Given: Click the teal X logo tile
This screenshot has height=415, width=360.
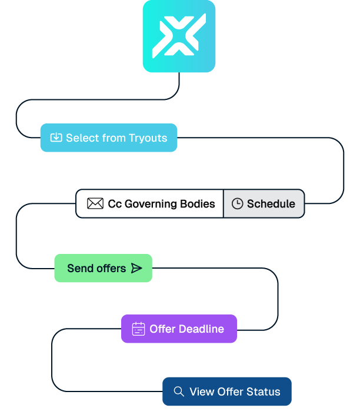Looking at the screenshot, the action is tap(179, 36).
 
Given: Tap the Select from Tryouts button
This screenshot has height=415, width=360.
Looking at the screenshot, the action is tap(109, 138).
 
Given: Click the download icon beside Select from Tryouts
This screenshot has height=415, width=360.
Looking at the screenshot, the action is tap(56, 138).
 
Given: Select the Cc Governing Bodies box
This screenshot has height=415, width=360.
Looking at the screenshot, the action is tap(149, 203).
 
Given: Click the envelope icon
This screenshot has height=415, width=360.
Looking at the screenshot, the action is tap(95, 203).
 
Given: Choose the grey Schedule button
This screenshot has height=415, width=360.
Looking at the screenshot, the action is tap(264, 203).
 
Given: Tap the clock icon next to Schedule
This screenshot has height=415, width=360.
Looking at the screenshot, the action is tap(237, 203).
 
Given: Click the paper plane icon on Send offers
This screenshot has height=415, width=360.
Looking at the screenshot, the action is tap(136, 268).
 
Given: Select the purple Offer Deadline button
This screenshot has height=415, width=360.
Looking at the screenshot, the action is tap(179, 329).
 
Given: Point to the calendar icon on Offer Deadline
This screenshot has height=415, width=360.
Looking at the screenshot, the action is tap(138, 329).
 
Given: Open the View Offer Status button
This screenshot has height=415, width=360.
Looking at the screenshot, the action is tap(227, 391).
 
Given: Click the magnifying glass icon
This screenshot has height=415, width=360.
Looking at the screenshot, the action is tap(179, 391).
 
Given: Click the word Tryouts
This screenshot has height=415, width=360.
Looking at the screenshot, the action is tap(148, 138).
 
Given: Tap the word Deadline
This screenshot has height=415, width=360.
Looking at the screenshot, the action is tap(201, 329).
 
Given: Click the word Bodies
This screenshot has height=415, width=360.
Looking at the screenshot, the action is tap(197, 203).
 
